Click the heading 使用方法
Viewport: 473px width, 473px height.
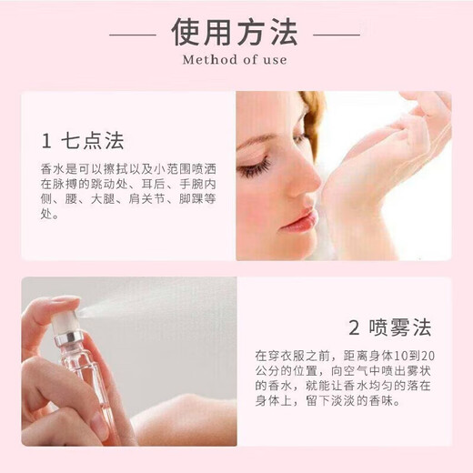click(x=236, y=33)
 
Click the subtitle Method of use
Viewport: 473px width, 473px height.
click(x=236, y=61)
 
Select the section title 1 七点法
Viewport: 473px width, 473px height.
click(x=83, y=141)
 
